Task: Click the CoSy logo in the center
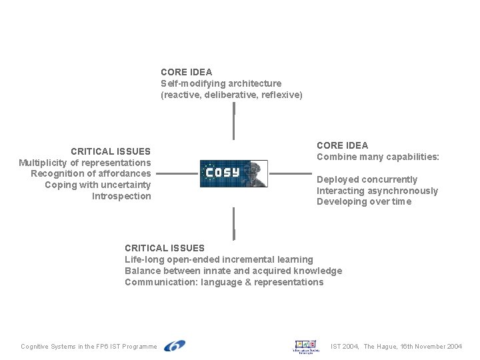point(233,173)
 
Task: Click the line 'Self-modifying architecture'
point(221,83)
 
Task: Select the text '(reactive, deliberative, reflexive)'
point(231,95)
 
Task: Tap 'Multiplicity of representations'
point(85,163)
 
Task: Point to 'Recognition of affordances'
point(91,173)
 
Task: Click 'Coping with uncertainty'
point(97,185)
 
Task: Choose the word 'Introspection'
point(121,196)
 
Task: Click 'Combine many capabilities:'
point(378,157)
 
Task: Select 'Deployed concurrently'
point(367,179)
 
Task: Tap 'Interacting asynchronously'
point(377,191)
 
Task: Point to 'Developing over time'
point(364,202)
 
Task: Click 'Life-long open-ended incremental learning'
point(219,259)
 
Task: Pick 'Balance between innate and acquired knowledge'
point(233,271)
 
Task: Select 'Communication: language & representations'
point(224,282)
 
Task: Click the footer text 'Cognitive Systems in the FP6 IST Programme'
point(89,347)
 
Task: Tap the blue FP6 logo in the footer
point(174,346)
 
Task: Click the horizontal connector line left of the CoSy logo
point(179,175)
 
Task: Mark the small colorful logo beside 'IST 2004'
point(307,347)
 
